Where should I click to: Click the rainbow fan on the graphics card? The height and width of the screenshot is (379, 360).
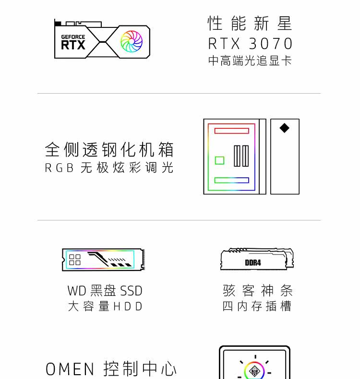[x=132, y=41]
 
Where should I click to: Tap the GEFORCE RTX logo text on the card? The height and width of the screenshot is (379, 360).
[x=73, y=43]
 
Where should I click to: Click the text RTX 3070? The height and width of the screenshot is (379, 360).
[x=250, y=44]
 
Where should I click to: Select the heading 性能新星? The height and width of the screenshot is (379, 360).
[x=250, y=23]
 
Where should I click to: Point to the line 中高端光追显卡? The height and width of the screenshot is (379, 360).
[x=250, y=61]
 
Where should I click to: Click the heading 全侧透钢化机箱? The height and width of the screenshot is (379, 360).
[x=109, y=149]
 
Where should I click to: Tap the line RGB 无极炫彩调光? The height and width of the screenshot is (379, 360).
[x=109, y=168]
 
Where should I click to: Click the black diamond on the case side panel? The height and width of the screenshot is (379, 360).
[x=285, y=128]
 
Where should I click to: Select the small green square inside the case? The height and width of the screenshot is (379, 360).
[x=219, y=160]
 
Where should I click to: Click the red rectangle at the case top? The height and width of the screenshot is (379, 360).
[x=231, y=131]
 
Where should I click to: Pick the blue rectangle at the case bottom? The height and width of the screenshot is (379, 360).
[x=231, y=181]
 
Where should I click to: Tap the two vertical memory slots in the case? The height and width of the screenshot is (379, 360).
[x=241, y=156]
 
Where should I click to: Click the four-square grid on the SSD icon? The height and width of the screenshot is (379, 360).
[x=75, y=260]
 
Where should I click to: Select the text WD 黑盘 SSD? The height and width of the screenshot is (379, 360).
[x=105, y=291]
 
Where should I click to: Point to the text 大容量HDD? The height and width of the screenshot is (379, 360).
[x=105, y=306]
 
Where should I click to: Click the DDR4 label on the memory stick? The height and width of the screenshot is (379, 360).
[x=252, y=263]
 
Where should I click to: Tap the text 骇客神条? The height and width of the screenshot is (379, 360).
[x=257, y=291]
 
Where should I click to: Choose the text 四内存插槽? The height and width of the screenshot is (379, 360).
[x=257, y=306]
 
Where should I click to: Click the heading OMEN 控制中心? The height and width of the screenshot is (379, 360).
[x=111, y=369]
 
